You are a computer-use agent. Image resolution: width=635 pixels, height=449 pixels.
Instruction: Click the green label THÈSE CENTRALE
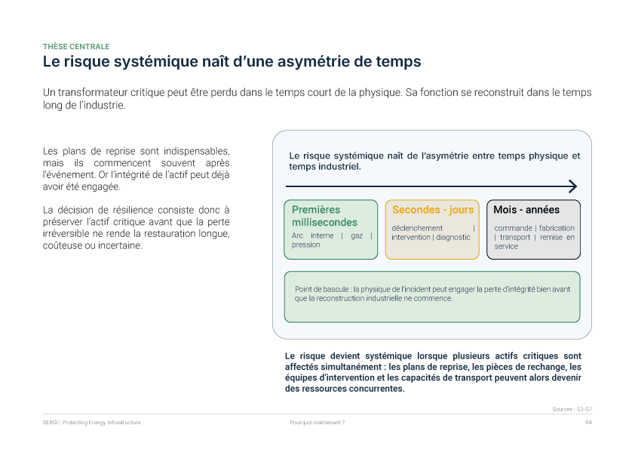(76, 47)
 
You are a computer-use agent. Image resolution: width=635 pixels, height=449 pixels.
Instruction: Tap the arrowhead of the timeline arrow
(572, 186)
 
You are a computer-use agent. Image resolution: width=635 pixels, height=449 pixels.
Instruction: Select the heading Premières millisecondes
(324, 216)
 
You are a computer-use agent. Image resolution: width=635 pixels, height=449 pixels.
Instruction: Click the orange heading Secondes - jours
(433, 210)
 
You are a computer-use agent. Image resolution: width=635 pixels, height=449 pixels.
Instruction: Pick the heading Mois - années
(526, 210)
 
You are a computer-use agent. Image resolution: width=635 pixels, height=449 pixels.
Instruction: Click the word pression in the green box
(305, 244)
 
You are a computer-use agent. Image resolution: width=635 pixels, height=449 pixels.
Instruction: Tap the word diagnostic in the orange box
(453, 238)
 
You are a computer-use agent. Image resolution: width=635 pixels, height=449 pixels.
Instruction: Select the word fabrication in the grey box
(557, 228)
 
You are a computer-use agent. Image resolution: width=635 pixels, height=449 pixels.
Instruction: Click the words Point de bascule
(321, 289)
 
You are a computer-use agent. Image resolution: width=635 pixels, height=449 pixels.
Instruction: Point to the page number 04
(588, 423)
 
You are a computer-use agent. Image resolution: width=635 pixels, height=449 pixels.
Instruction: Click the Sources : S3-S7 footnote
(572, 409)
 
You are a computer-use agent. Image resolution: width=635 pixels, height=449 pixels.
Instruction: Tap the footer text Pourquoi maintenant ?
(317, 423)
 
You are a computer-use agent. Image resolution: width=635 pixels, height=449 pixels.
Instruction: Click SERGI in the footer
(51, 423)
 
